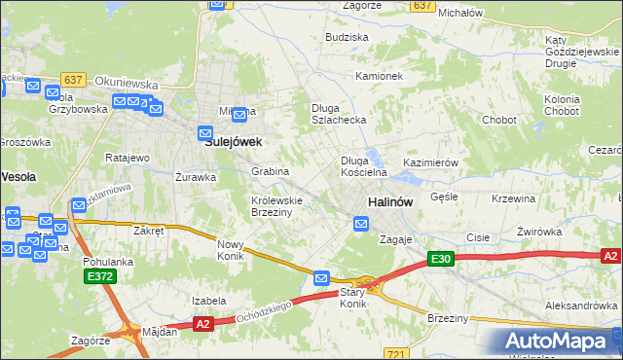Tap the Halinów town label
(x=390, y=201)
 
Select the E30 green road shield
(x=441, y=258)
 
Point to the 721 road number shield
(x=394, y=354)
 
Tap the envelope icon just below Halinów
(x=361, y=224)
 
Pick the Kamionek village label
(x=379, y=75)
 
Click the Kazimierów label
(x=430, y=162)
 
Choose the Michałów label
(x=461, y=13)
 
